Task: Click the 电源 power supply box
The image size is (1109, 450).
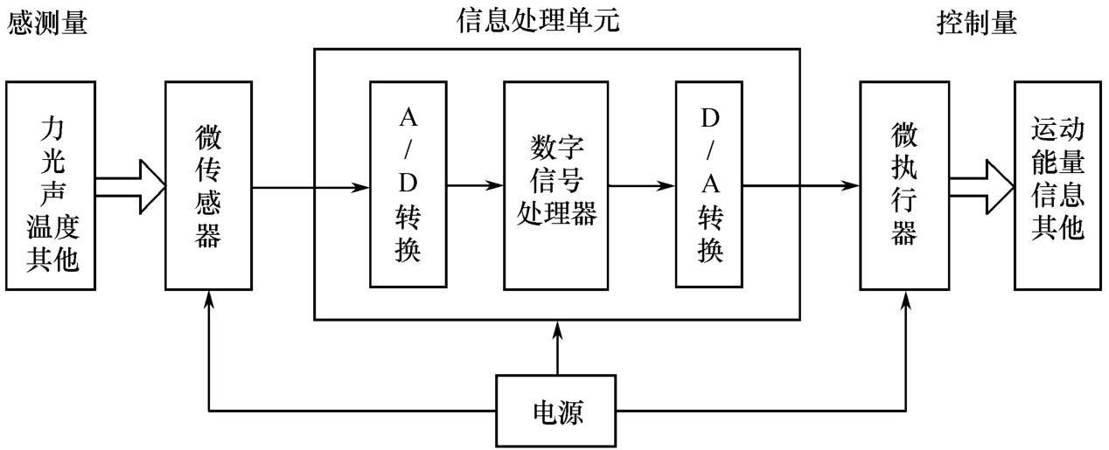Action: pos(556,411)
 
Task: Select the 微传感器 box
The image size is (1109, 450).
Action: pos(208,185)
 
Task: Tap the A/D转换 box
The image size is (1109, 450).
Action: pos(408,184)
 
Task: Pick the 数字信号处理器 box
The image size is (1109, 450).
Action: pos(556,185)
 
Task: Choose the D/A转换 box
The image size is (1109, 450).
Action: pos(709,184)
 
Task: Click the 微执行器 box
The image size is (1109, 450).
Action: pos(904,185)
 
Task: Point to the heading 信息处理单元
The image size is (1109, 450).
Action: pos(538,21)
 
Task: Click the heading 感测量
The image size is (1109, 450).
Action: pos(47,23)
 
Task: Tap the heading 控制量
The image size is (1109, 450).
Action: pos(977,23)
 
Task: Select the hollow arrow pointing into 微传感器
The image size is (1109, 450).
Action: pos(130,187)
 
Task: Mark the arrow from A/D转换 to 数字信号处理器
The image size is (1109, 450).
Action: pos(475,185)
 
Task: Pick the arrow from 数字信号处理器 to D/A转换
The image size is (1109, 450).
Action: pos(642,186)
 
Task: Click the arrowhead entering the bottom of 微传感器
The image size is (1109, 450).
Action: pos(209,299)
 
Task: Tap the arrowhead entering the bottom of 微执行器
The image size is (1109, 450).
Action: pos(905,301)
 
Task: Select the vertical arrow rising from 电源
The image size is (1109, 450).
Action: pos(557,348)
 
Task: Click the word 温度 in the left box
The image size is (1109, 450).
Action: pos(52,226)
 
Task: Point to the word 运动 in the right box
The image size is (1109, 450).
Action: pos(1058,129)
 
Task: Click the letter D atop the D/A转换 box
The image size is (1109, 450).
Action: pos(710,118)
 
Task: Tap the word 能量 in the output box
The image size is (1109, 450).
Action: pos(1058,162)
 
